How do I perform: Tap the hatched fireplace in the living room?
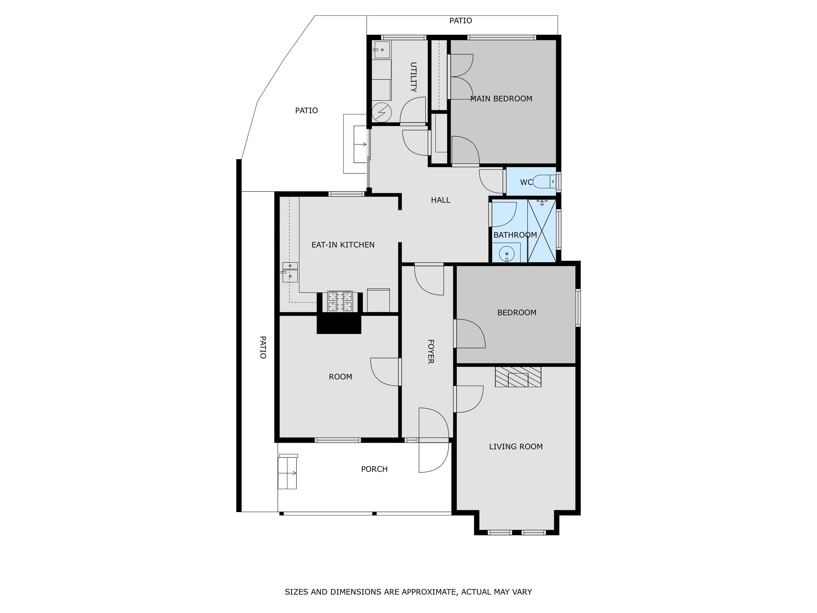[x=518, y=377]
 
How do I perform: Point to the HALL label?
[x=441, y=200]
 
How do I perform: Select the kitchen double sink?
[x=290, y=272]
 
